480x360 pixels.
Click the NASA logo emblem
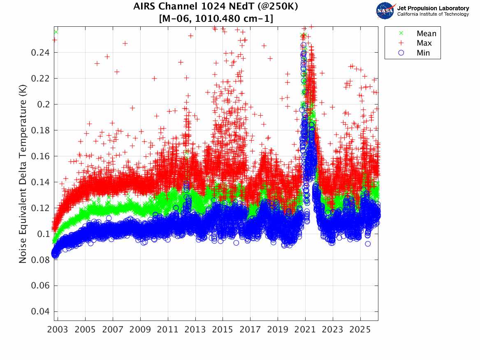click(385, 10)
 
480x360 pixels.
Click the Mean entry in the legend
click(418, 33)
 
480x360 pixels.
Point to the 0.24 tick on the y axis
click(40, 53)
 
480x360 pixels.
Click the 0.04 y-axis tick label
click(40, 311)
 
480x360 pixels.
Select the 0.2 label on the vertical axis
click(43, 105)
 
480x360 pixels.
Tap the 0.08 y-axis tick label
click(40, 260)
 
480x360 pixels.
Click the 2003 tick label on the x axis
click(58, 330)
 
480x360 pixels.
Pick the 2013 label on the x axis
click(195, 330)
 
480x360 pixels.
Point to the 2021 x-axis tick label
click(305, 330)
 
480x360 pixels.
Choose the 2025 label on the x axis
click(360, 330)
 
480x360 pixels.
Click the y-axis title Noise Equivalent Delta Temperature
click(23, 174)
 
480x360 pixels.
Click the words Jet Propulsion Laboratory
click(433, 8)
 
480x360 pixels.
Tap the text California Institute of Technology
click(433, 14)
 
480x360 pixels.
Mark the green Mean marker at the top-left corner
click(56, 32)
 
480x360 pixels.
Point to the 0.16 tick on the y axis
click(40, 156)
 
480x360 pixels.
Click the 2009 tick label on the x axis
click(140, 330)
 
